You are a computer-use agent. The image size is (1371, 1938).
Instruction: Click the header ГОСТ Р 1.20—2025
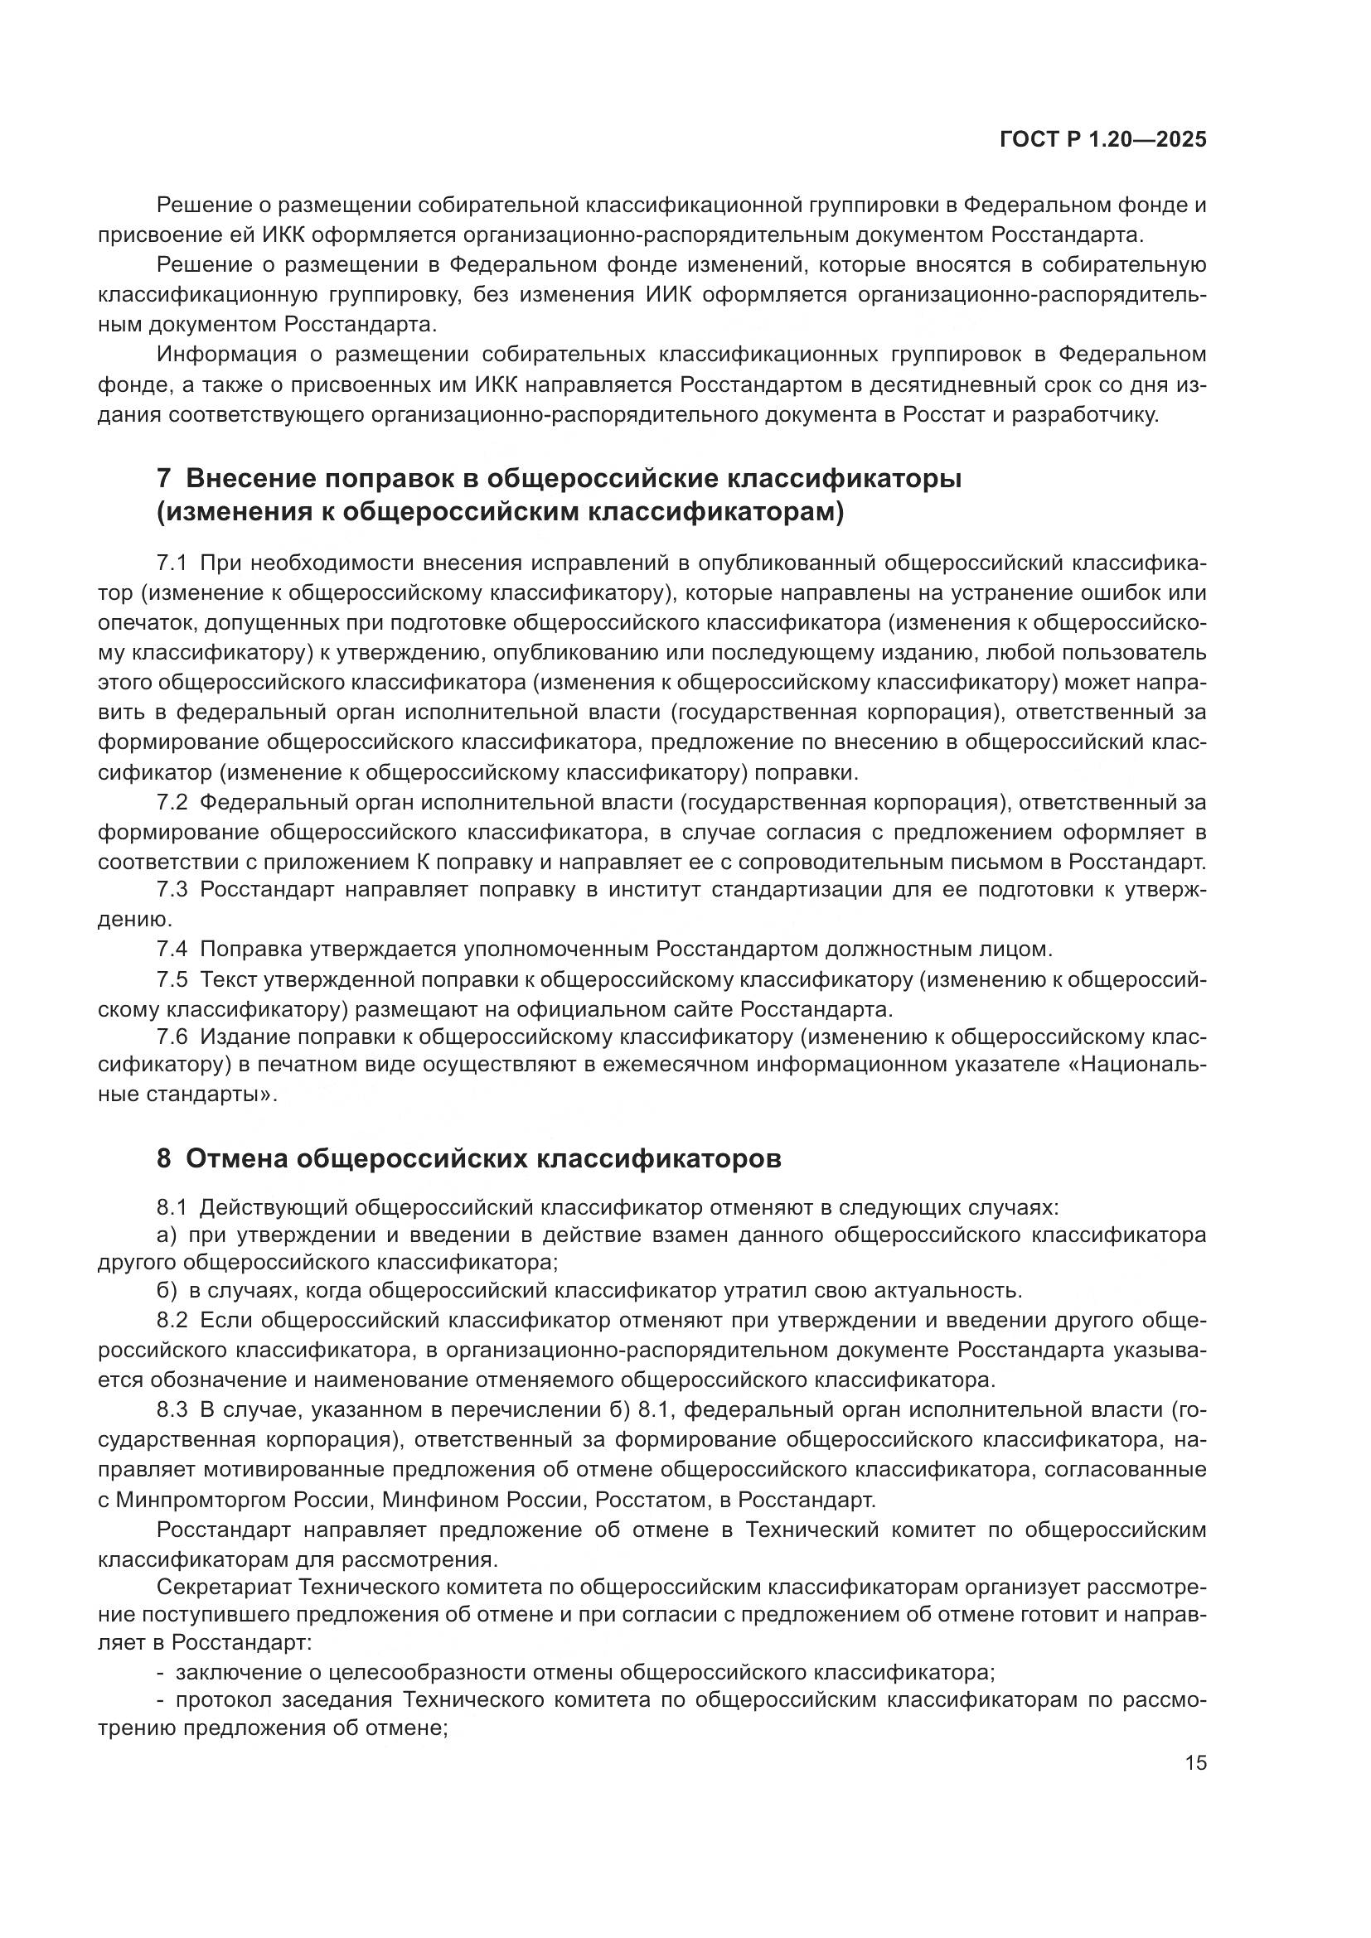pyautogui.click(x=1102, y=140)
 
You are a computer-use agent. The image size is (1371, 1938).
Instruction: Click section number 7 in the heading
pyautogui.click(x=164, y=479)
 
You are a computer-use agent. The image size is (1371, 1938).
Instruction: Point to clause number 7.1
pyautogui.click(x=172, y=563)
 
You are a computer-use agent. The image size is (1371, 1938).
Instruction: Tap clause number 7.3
pyautogui.click(x=172, y=890)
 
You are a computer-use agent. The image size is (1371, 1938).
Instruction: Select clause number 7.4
pyautogui.click(x=172, y=950)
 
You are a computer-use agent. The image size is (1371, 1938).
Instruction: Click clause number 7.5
pyautogui.click(x=172, y=980)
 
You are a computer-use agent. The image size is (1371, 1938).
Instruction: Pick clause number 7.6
pyautogui.click(x=172, y=1037)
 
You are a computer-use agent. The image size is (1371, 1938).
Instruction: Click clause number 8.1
pyautogui.click(x=172, y=1208)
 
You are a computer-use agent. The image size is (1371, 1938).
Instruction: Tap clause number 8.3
pyautogui.click(x=172, y=1409)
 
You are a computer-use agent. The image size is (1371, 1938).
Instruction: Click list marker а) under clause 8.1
pyautogui.click(x=167, y=1235)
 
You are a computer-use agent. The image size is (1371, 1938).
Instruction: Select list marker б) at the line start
pyautogui.click(x=167, y=1291)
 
